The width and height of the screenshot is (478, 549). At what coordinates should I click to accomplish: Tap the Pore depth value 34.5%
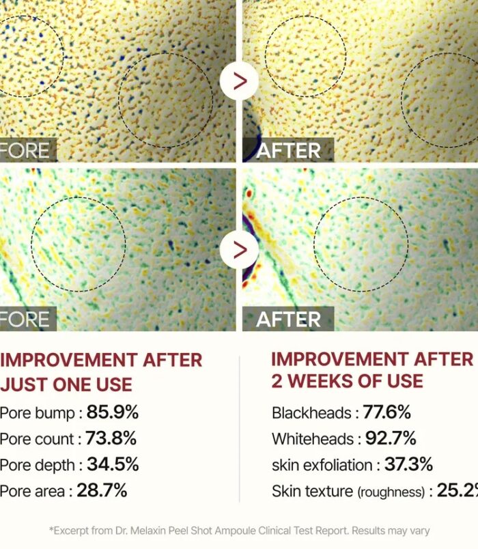point(113,464)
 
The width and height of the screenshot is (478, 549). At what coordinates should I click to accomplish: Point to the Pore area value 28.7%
point(102,490)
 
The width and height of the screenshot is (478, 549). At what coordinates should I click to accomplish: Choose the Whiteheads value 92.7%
point(391,438)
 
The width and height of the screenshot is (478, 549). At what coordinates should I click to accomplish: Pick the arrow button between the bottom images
point(239,249)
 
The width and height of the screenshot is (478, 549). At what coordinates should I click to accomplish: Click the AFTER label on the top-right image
point(288,150)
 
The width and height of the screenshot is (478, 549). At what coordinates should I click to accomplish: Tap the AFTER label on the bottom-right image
point(288,319)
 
